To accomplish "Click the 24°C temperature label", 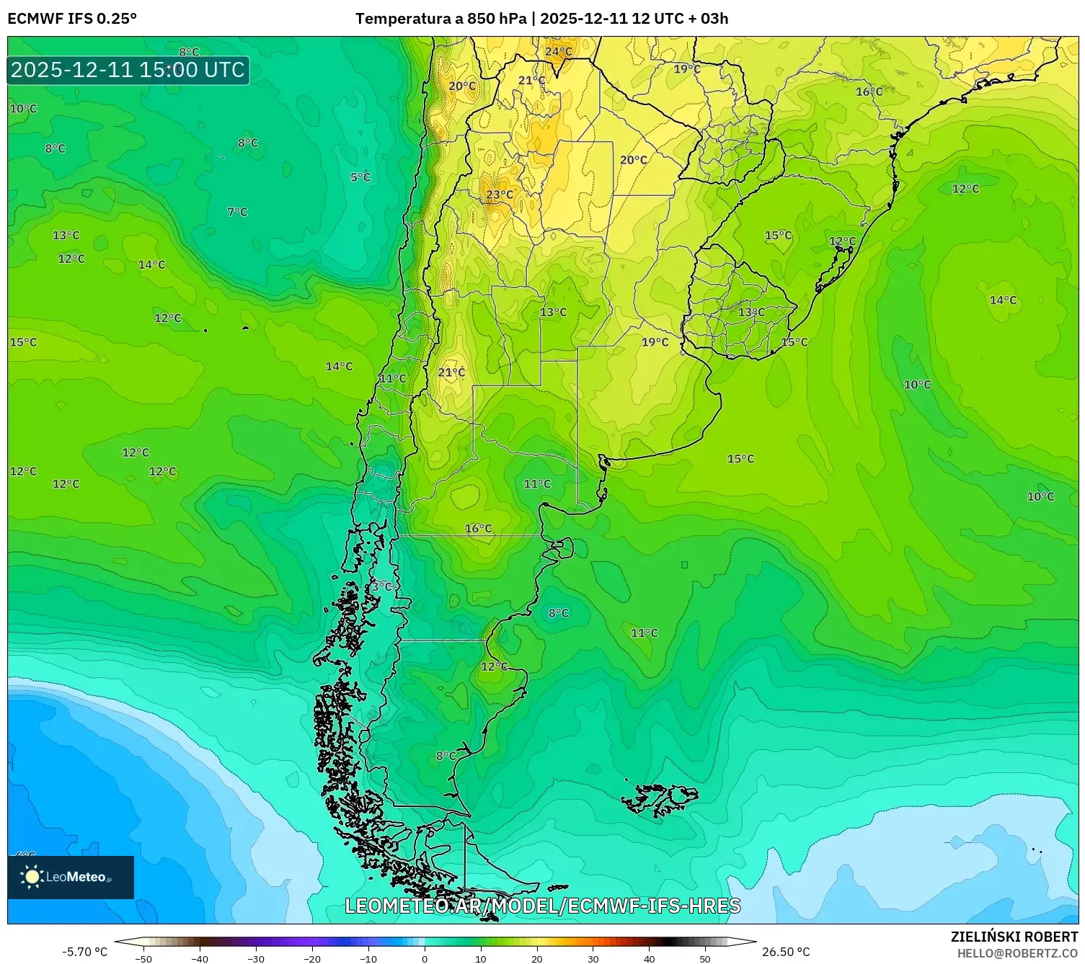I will [x=558, y=52].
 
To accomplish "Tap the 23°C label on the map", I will [x=500, y=195].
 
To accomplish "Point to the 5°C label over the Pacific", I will [x=360, y=177].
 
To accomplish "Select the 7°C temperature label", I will [x=237, y=212].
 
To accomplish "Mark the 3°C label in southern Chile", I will [x=381, y=586].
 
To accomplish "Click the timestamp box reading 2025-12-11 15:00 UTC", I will [x=128, y=70].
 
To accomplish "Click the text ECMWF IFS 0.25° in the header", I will [x=72, y=19].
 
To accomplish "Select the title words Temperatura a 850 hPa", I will [x=440, y=19].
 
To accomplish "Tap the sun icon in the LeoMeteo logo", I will [x=32, y=877].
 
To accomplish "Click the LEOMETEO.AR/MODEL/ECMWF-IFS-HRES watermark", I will [x=542, y=906].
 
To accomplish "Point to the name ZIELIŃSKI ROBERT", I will [x=1014, y=937].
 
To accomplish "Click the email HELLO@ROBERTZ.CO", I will [x=1017, y=953].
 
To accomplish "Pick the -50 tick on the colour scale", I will [x=143, y=958].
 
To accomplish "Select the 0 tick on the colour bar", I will [x=425, y=958].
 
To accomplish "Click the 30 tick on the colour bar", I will [x=593, y=958].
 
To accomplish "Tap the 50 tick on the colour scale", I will [x=705, y=958].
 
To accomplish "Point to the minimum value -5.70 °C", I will [x=84, y=952].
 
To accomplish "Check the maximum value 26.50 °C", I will [x=786, y=952].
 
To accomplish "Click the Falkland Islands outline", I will [x=660, y=799].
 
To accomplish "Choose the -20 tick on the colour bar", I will [x=312, y=958].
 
